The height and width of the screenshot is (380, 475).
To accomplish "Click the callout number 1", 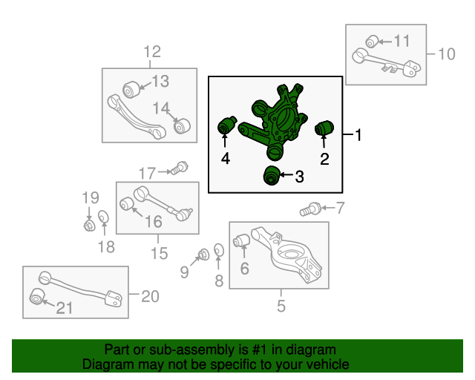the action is [x=358, y=135].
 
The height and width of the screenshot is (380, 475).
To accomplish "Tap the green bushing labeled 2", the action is [x=324, y=128].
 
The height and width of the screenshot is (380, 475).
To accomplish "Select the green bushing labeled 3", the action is [x=272, y=176].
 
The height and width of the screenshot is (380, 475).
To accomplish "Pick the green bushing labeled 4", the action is [x=227, y=125].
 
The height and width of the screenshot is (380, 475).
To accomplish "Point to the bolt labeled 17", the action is [x=176, y=171].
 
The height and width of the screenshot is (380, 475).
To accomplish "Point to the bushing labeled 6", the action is [x=240, y=242].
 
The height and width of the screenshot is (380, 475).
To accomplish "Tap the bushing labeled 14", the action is [x=181, y=124].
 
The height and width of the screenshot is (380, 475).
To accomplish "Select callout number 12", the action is [x=151, y=52].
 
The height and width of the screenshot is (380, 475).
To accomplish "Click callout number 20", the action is [x=150, y=297].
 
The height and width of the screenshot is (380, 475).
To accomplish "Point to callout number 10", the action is [x=446, y=53].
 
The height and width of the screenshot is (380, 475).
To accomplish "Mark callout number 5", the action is [x=281, y=304].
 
